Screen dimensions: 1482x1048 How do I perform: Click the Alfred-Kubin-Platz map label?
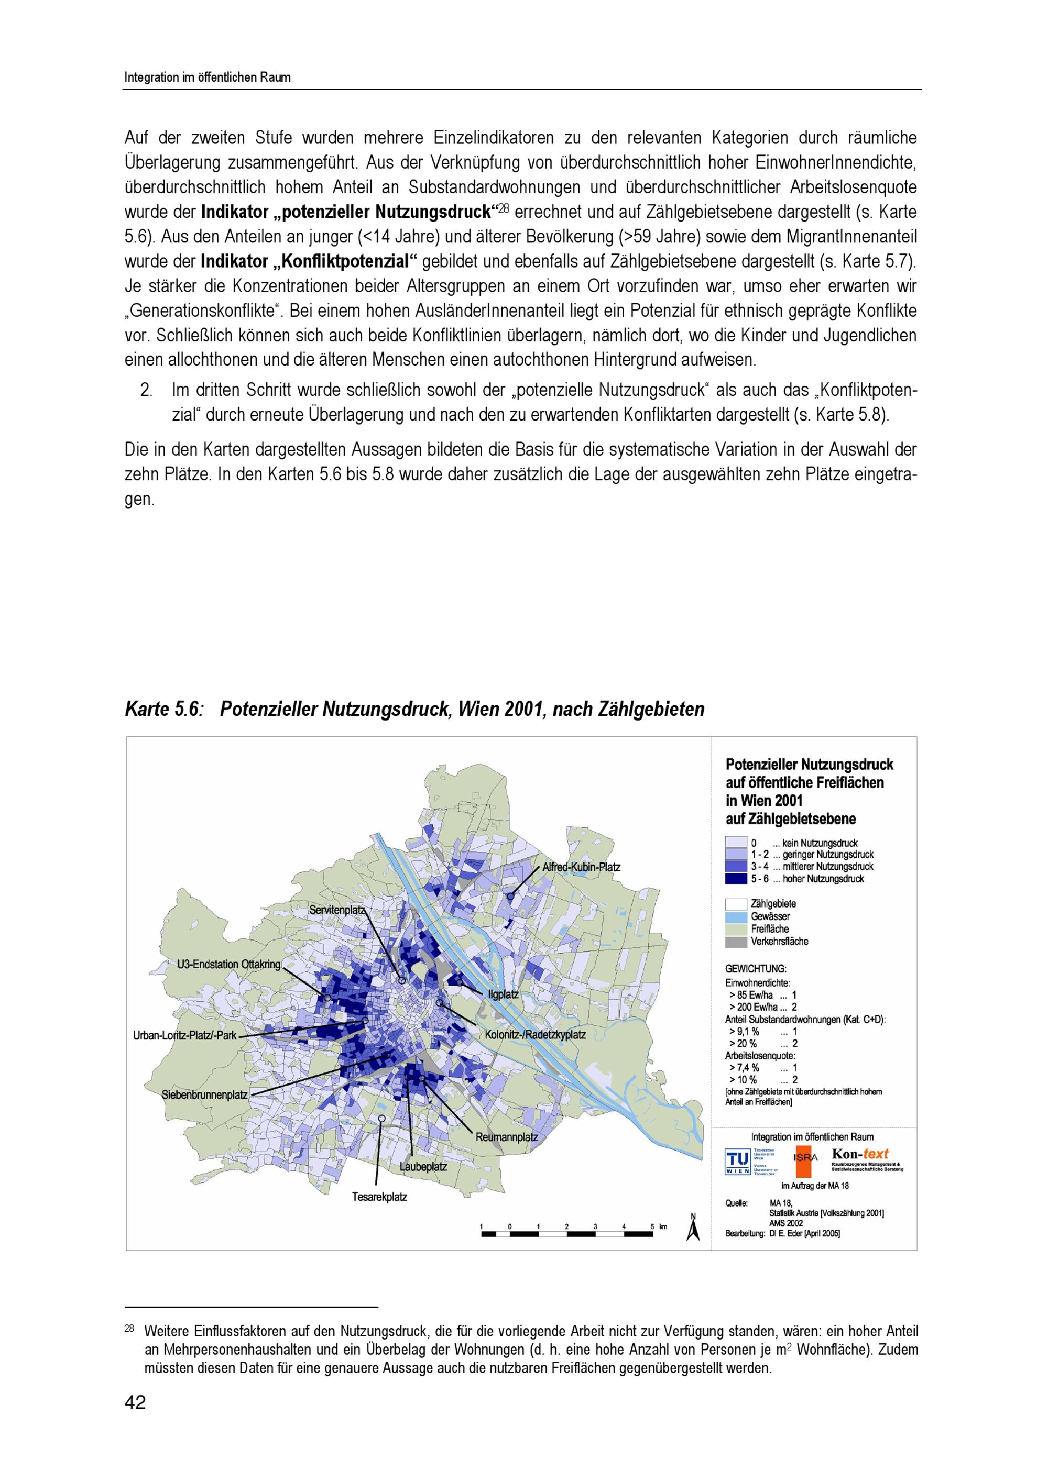[x=581, y=867]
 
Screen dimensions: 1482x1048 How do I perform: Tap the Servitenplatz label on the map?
[x=337, y=910]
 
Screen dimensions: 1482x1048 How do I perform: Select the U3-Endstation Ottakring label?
[x=228, y=964]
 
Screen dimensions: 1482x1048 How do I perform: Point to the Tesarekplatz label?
[x=379, y=1197]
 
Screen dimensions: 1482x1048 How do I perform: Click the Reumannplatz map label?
[x=506, y=1137]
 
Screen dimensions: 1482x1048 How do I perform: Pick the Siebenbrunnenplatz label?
[x=205, y=1094]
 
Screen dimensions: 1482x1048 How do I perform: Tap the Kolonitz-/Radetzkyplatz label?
[x=536, y=1035]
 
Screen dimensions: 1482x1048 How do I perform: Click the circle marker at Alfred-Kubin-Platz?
[x=510, y=896]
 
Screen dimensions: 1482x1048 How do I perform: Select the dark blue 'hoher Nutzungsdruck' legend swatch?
[x=736, y=879]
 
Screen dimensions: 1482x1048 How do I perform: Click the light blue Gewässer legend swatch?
[x=736, y=916]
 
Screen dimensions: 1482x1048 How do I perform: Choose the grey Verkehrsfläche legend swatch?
[x=736, y=942]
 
